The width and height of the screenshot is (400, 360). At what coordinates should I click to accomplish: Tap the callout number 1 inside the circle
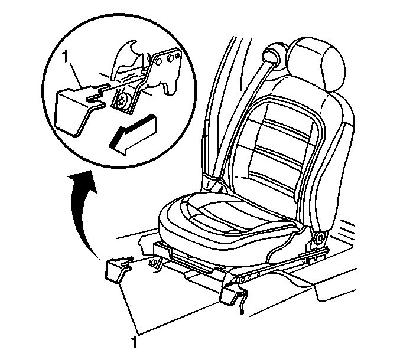point(66,58)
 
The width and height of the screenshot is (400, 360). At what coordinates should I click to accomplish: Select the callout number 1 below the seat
point(134,342)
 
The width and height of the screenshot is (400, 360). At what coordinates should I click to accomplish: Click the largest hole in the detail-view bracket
point(158,61)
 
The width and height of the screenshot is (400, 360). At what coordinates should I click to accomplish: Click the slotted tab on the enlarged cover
point(96,95)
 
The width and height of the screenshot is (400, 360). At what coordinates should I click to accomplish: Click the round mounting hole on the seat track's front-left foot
point(154,263)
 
